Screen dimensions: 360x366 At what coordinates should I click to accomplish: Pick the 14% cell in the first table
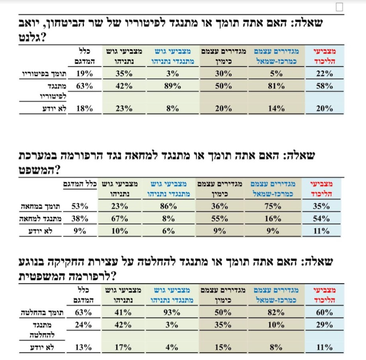point(276,108)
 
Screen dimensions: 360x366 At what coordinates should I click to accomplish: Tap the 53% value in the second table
point(80,207)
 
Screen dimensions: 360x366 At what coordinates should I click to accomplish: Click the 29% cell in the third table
point(324,325)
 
